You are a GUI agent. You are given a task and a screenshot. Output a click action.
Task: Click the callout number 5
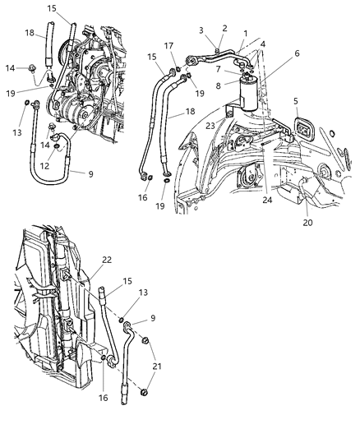[295, 101]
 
